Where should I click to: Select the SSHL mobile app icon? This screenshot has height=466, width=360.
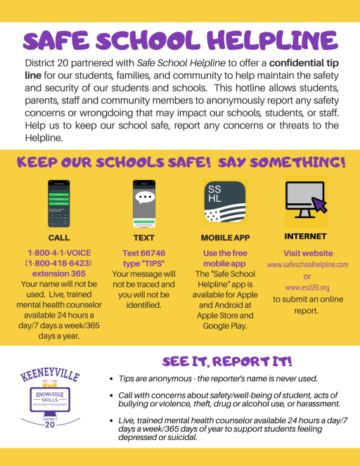[x=224, y=202]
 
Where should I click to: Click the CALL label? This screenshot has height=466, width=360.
[x=59, y=238]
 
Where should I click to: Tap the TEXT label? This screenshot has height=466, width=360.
[x=143, y=238]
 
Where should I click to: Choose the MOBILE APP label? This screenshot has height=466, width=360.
[x=224, y=238]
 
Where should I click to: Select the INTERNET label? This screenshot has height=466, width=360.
[x=307, y=236]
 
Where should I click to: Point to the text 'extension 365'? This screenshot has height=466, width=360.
[x=59, y=273]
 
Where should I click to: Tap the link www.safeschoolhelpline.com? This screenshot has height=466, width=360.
[x=307, y=264]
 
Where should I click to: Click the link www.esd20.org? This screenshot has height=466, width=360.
[x=307, y=287]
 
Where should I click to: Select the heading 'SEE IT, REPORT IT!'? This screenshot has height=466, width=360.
[x=227, y=362]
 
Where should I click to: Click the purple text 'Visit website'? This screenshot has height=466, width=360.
[x=307, y=252]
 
